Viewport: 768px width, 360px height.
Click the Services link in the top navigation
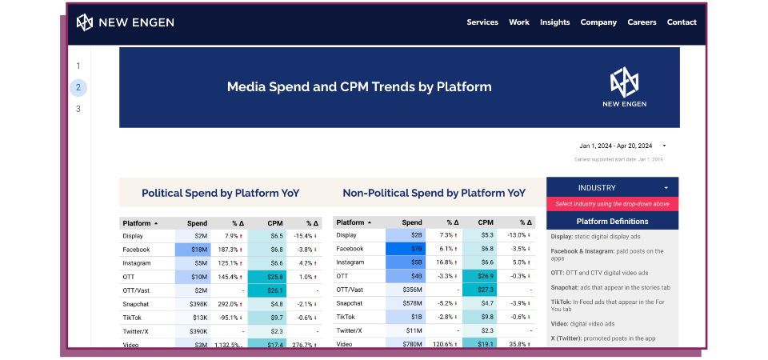pos(482,22)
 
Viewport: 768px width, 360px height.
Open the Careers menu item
pos(642,22)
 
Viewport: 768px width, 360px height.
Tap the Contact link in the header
pos(682,22)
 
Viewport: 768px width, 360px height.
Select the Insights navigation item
pos(554,22)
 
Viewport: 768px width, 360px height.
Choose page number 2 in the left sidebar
pos(78,88)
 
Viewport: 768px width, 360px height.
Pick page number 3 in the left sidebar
pos(78,109)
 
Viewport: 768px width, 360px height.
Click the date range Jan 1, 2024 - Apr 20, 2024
pos(616,146)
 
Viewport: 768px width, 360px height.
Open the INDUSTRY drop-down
pos(612,188)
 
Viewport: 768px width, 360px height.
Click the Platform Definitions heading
pos(612,222)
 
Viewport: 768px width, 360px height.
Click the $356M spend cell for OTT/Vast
pos(407,290)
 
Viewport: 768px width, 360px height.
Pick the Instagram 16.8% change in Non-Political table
pos(446,262)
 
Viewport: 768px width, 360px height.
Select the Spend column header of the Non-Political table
pos(412,223)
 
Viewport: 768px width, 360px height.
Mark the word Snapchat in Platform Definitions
pos(566,286)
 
